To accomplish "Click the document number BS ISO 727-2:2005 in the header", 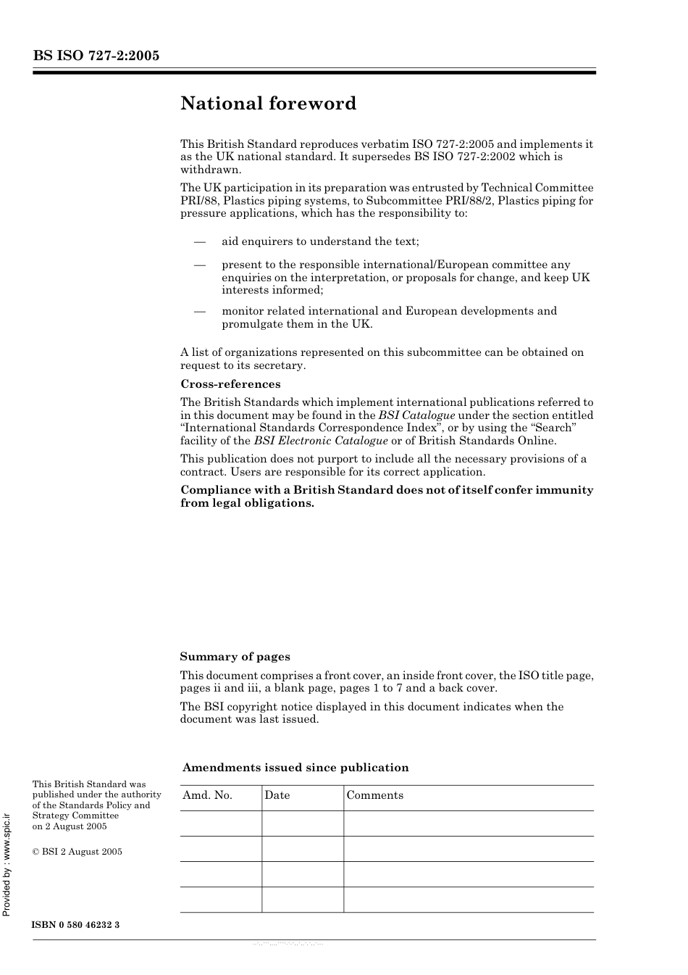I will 96,56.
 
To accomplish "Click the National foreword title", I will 268,104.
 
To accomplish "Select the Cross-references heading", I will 230,384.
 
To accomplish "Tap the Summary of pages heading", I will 235,657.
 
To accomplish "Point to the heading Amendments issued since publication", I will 295,768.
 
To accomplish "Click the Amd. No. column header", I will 207,795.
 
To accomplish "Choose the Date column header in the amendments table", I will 277,795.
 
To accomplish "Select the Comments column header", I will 374,795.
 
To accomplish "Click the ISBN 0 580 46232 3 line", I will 76,926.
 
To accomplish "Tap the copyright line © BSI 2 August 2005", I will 77,852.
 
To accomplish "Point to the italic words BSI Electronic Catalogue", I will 321,441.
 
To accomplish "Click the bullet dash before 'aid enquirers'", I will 199,241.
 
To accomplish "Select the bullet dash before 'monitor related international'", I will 199,311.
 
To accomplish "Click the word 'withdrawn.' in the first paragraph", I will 211,170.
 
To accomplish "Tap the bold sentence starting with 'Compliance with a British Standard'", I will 387,497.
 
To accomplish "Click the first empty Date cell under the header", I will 302,823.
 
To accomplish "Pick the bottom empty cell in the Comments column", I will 468,900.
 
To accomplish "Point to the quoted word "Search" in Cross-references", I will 554,428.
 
